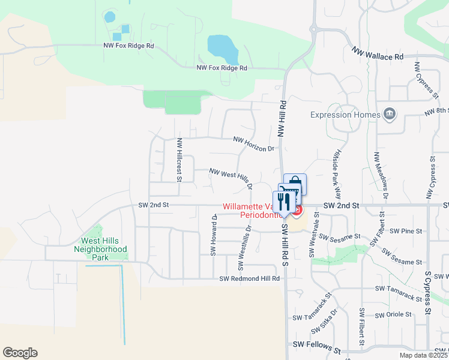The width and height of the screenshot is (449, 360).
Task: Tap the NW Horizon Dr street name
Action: tap(254, 144)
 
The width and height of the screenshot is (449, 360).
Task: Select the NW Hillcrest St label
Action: tap(179, 160)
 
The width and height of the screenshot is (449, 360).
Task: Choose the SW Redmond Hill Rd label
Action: tap(250, 278)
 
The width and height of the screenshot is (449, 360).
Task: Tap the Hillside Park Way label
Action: tap(337, 174)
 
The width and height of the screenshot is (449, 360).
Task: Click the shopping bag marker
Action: tap(295, 183)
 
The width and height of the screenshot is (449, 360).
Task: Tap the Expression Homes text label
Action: tap(346, 115)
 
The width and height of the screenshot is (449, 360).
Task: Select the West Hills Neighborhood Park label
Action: tap(100, 244)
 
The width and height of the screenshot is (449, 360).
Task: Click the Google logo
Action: tap(20, 353)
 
